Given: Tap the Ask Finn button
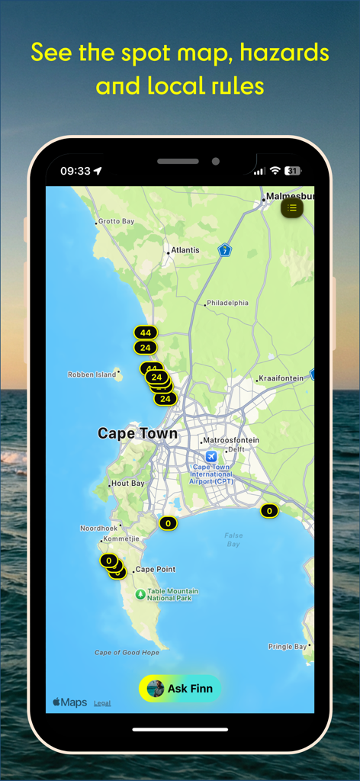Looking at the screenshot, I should pyautogui.click(x=180, y=688).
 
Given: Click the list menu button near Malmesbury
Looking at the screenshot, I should pyautogui.click(x=292, y=207).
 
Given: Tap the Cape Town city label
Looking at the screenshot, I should pyautogui.click(x=137, y=434).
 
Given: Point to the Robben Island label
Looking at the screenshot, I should pyautogui.click(x=92, y=374).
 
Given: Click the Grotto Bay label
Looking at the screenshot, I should pyautogui.click(x=116, y=221).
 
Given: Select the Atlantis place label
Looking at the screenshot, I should pyautogui.click(x=185, y=250).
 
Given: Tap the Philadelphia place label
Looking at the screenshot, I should pyautogui.click(x=227, y=303).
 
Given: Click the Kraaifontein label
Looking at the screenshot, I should pyautogui.click(x=281, y=378).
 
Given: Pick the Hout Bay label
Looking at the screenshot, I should pyautogui.click(x=127, y=484).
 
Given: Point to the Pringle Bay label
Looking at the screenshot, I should pyautogui.click(x=288, y=647).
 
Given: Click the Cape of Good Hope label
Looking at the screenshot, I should pyautogui.click(x=127, y=653).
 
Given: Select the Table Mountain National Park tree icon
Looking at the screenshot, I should pyautogui.click(x=140, y=594).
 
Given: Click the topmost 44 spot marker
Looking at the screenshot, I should pyautogui.click(x=145, y=333).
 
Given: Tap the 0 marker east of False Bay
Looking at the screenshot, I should pyautogui.click(x=268, y=511).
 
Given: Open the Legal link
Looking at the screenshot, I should pyautogui.click(x=102, y=703).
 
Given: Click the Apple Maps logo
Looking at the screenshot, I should pyautogui.click(x=69, y=702).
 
